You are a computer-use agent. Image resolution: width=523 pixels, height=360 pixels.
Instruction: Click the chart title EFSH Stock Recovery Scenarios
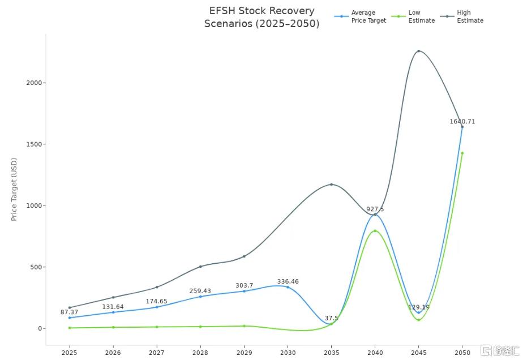(261, 17)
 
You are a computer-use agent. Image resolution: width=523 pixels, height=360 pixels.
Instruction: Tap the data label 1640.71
(462, 121)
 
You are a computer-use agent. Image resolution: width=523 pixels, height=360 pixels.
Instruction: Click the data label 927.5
(375, 209)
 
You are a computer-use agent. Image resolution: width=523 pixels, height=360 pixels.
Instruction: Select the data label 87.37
(70, 312)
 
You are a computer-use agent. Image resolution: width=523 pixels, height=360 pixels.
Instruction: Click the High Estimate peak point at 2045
(419, 51)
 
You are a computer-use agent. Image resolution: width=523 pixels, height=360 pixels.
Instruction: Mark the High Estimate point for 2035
(332, 185)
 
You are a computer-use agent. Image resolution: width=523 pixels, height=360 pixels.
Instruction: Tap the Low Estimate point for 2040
(375, 231)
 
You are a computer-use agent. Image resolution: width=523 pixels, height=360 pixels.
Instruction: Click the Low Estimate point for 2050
(462, 153)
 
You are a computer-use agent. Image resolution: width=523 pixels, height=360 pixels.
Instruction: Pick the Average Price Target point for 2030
(288, 287)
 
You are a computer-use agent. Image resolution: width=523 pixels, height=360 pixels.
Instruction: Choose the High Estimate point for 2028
(200, 267)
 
